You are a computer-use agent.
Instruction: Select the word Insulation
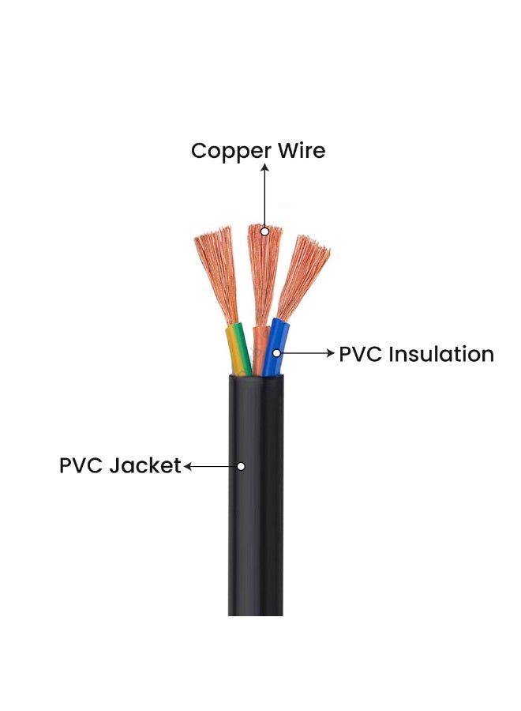pyautogui.click(x=442, y=354)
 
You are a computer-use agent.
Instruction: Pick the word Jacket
pyautogui.click(x=146, y=466)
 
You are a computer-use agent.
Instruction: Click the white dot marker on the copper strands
pyautogui.click(x=265, y=231)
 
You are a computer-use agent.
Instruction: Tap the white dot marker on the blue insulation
pyautogui.click(x=276, y=353)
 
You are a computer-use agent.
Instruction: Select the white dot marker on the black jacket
pyautogui.click(x=241, y=466)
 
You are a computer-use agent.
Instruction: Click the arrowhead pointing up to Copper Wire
pyautogui.click(x=265, y=167)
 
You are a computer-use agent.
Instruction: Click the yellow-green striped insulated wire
pyautogui.click(x=238, y=348)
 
